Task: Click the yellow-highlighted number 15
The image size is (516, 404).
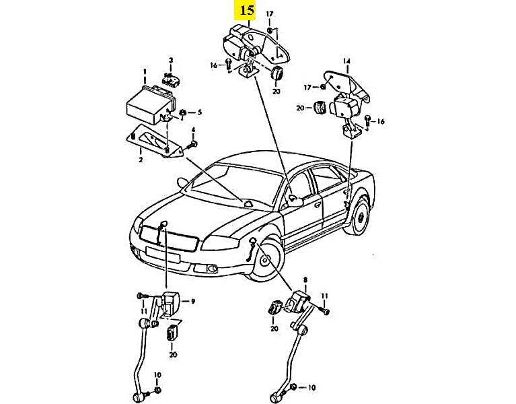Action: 246,11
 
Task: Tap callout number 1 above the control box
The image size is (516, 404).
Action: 143,71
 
